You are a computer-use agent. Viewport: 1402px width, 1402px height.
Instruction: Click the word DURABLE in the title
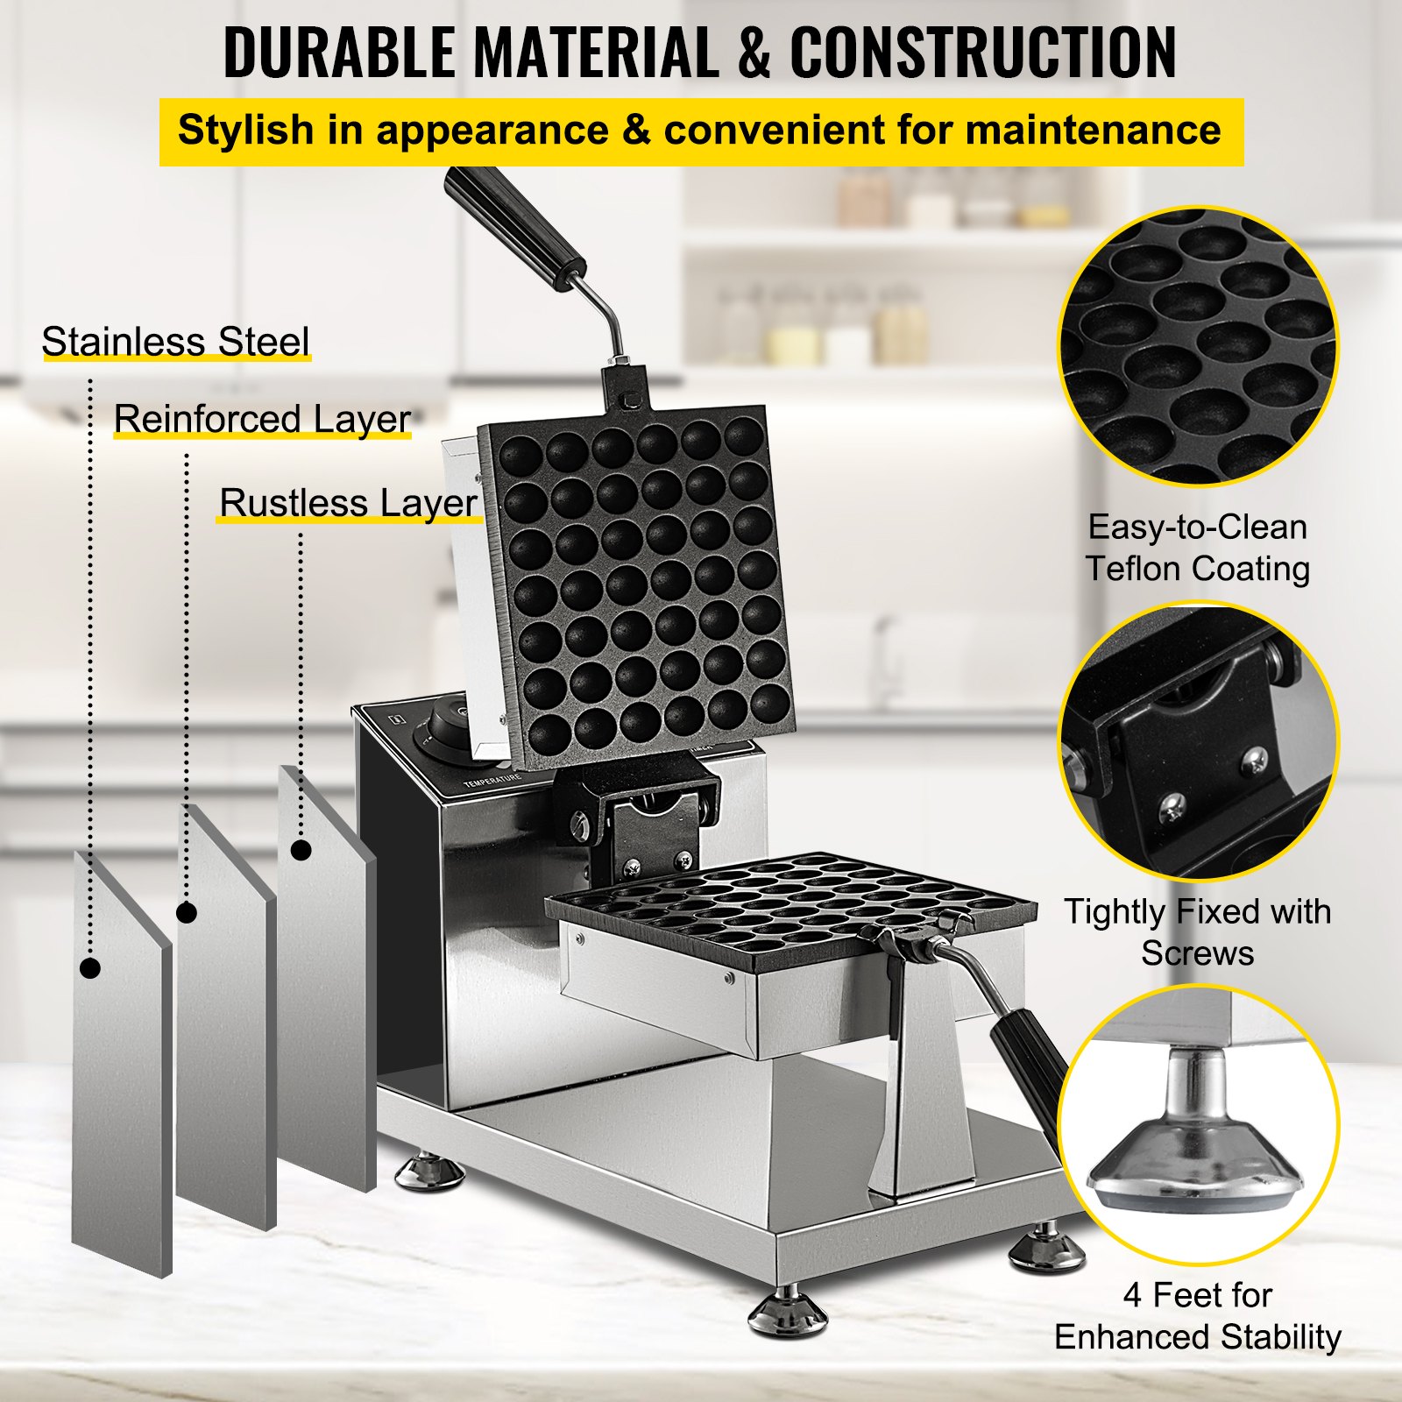coord(338,53)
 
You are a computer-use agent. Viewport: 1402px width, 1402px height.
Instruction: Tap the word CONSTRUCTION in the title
coord(983,53)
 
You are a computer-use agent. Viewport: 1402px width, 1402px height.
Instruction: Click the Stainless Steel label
coord(175,342)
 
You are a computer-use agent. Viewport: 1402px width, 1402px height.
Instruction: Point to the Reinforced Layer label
coord(262,419)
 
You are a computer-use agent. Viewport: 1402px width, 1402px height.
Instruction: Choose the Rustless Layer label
coord(348,503)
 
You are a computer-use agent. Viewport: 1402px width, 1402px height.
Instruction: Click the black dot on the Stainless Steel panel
coord(90,968)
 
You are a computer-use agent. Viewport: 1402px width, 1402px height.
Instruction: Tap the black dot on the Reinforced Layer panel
coord(187,913)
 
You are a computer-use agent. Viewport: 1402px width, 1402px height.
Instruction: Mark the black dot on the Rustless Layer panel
coord(301,850)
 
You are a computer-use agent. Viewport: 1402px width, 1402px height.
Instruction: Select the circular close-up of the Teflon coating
coord(1197,346)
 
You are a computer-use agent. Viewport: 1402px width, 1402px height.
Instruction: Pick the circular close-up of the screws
coord(1197,740)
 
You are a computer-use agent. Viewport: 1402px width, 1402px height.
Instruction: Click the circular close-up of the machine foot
coord(1197,1126)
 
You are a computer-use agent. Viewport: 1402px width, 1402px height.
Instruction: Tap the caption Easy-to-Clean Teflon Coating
coord(1197,548)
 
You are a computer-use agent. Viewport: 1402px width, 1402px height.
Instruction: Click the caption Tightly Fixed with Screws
coord(1197,931)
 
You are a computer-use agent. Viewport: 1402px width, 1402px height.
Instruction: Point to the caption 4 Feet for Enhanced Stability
coord(1197,1316)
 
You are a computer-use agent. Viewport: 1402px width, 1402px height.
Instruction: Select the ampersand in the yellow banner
coord(636,131)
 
